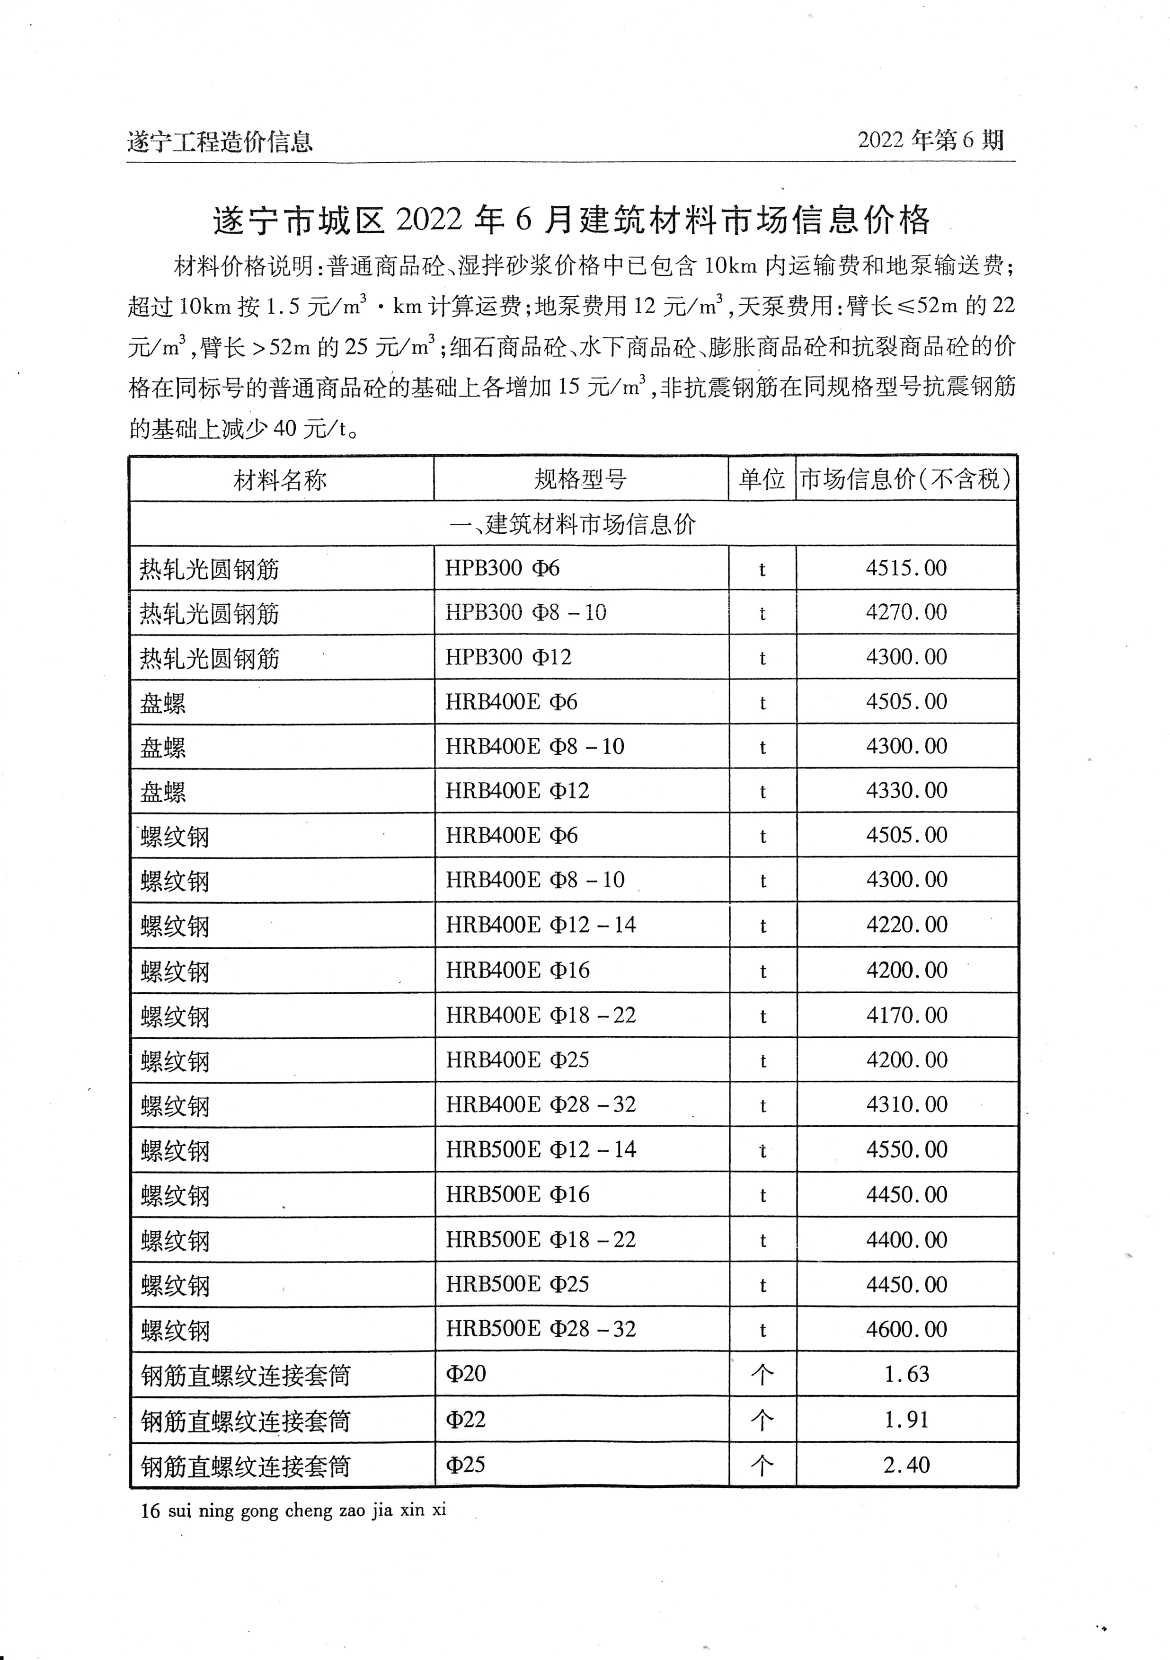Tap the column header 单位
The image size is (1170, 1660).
tap(762, 479)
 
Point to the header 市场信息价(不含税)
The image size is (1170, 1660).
tap(906, 479)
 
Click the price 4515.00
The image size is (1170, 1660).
tap(906, 568)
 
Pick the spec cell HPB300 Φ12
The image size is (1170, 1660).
tap(508, 657)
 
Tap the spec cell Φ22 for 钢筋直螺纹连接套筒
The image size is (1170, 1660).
tap(466, 1419)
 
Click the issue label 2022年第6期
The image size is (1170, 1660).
tap(931, 140)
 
